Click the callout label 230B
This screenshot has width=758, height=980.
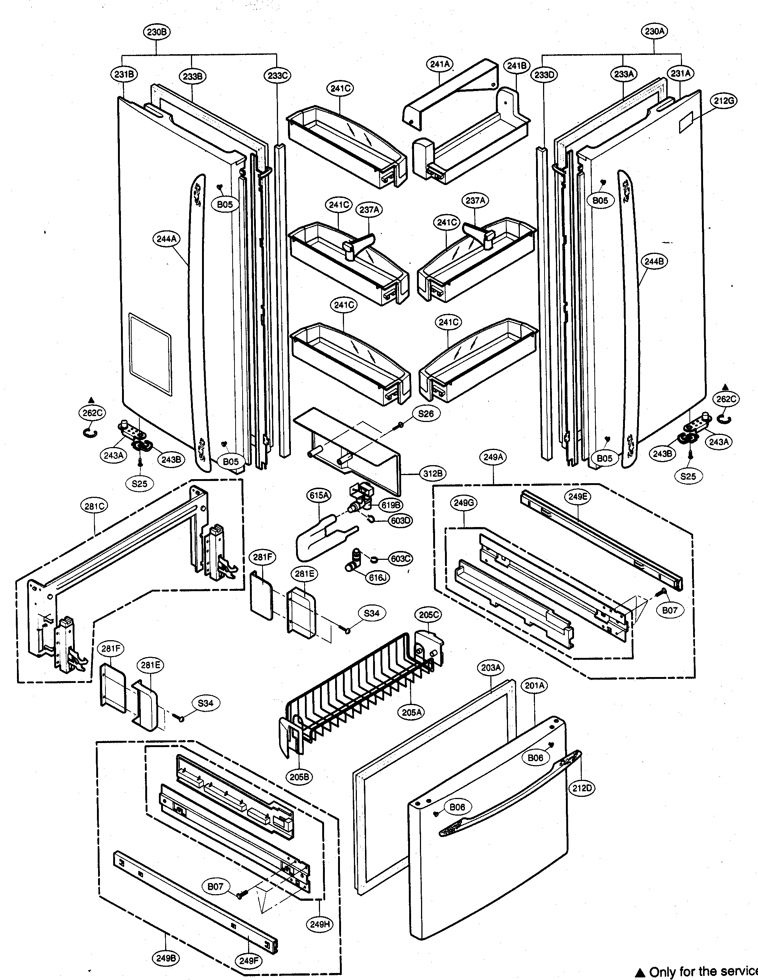[157, 32]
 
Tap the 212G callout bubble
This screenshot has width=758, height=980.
[724, 101]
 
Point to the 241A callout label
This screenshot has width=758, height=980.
[440, 64]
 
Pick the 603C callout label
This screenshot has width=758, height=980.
[400, 559]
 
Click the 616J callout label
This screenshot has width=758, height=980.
[378, 578]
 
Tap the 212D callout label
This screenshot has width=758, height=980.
[582, 788]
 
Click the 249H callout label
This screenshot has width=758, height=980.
[320, 924]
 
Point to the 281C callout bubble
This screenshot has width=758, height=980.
[95, 506]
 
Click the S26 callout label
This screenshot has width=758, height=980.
[425, 413]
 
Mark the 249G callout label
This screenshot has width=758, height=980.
[464, 503]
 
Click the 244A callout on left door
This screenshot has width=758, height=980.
[167, 239]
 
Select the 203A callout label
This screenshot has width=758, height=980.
[490, 668]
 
